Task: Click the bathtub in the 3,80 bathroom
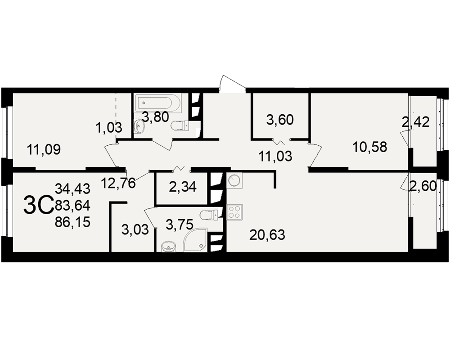[159, 103]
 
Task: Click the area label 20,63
[267, 235]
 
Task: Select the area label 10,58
[370, 147]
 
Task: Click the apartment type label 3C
[38, 205]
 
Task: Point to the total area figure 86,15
[72, 222]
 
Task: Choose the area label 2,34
[183, 187]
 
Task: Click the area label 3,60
[280, 119]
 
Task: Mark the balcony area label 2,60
[423, 187]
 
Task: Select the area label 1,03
[109, 127]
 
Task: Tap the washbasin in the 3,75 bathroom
[168, 247]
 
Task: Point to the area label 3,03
[135, 230]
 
